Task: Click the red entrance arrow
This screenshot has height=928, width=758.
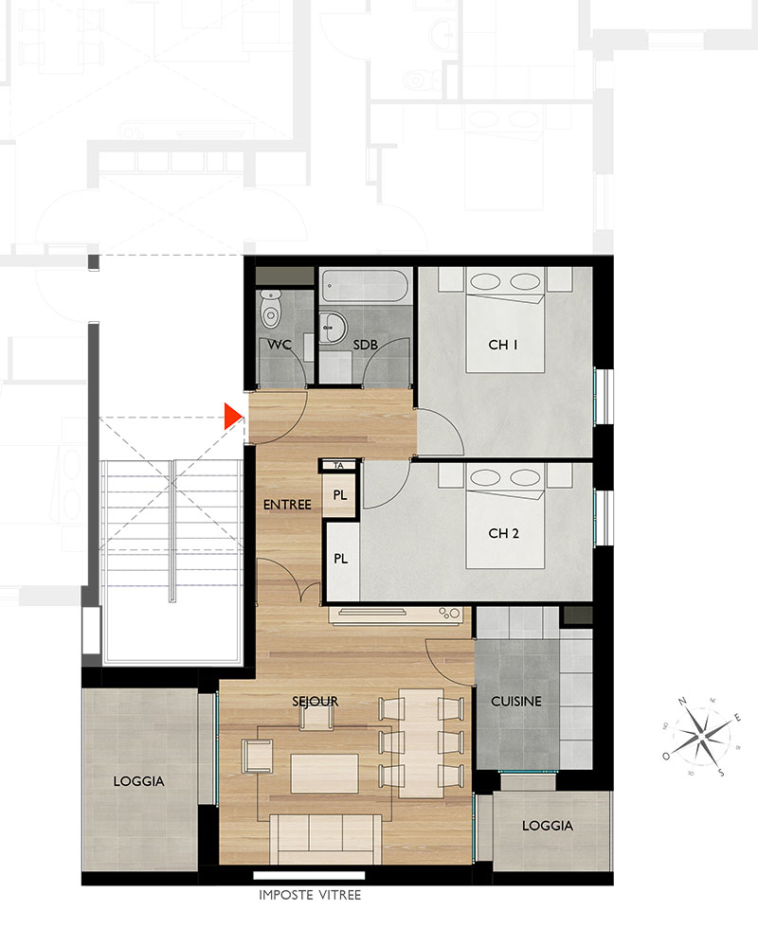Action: tap(233, 416)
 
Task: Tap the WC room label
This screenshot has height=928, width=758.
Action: tap(279, 345)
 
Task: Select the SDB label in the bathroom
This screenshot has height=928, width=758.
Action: tap(365, 345)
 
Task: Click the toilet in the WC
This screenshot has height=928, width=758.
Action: tap(271, 309)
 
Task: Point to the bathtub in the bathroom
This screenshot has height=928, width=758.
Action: tap(365, 286)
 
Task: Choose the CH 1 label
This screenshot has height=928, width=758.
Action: tap(503, 345)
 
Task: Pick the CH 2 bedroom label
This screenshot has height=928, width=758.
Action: tap(503, 533)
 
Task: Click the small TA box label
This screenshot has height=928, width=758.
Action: tap(338, 466)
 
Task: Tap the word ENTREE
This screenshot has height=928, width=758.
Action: tap(287, 505)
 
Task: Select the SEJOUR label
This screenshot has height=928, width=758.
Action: tap(315, 702)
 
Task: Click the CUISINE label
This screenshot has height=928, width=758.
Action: tap(516, 702)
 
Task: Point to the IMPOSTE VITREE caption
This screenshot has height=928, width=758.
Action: tap(310, 895)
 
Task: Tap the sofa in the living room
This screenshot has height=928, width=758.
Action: tap(325, 839)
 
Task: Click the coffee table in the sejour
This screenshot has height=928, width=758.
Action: tap(324, 774)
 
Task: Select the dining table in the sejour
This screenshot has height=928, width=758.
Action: tap(421, 742)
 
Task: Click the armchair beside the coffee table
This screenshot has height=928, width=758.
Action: tap(257, 757)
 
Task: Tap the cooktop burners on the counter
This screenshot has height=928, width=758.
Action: tap(450, 614)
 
